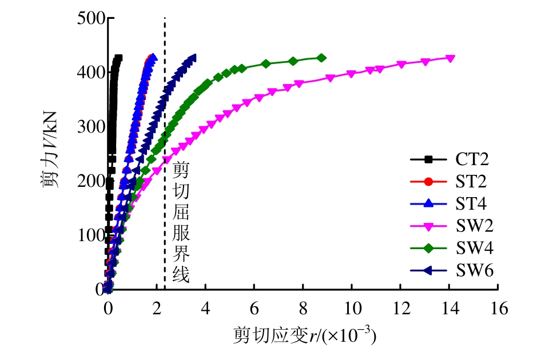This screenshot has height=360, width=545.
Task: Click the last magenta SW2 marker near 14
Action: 450,58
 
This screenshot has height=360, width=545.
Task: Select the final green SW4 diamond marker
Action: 321,58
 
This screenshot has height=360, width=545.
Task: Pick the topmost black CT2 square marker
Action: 118,58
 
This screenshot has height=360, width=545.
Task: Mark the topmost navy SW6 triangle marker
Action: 193,58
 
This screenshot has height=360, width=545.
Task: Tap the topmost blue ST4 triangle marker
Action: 153,57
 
